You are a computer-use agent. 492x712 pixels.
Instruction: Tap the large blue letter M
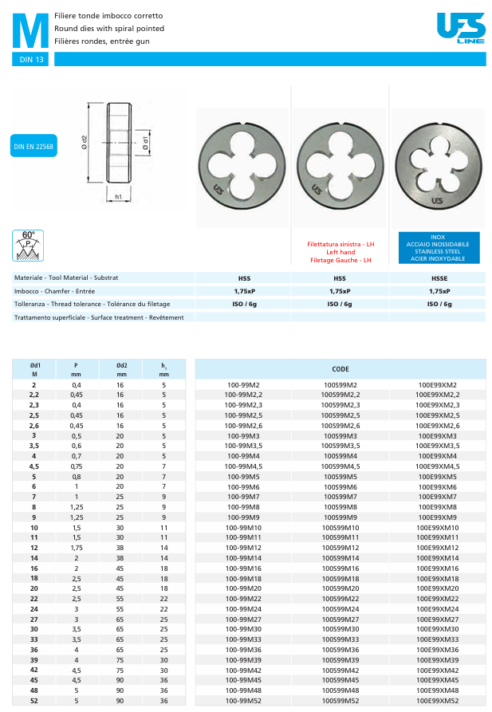pyautogui.click(x=31, y=32)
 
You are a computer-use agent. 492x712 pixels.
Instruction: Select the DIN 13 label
pyautogui.click(x=33, y=60)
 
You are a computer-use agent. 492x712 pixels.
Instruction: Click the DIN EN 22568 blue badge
pyautogui.click(x=34, y=148)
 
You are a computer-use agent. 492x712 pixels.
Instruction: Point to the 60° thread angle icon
pyautogui.click(x=28, y=245)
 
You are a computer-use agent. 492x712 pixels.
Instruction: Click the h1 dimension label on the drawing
pyautogui.click(x=118, y=196)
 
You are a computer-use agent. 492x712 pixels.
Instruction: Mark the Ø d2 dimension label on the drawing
pyautogui.click(x=85, y=144)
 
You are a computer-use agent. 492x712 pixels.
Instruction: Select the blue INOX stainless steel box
pyautogui.click(x=438, y=248)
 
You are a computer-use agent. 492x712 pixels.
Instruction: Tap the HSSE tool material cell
pyautogui.click(x=439, y=278)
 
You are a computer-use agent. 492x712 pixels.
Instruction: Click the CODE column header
pyautogui.click(x=340, y=369)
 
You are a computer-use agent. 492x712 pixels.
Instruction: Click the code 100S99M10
pyautogui.click(x=340, y=528)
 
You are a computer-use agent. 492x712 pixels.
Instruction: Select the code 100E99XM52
pyautogui.click(x=438, y=701)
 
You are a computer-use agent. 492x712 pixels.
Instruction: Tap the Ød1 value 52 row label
pyautogui.click(x=34, y=701)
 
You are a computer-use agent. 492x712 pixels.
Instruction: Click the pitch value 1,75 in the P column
pyautogui.click(x=76, y=548)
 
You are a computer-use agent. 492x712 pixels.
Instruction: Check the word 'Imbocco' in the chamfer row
pyautogui.click(x=26, y=291)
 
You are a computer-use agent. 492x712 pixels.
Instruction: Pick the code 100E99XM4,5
pyautogui.click(x=438, y=466)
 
